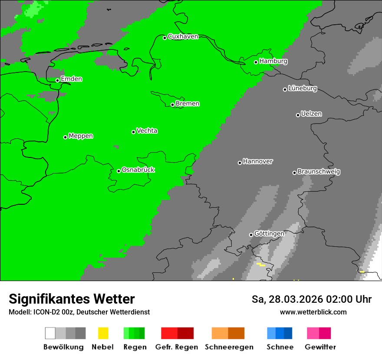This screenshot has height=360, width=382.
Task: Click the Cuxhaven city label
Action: [x=183, y=36]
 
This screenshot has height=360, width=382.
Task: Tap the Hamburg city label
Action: [x=273, y=61]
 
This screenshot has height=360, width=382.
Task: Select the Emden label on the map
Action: [x=71, y=79]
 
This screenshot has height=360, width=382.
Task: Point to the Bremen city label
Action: [x=188, y=104]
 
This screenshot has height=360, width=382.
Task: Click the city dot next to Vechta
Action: [x=133, y=132]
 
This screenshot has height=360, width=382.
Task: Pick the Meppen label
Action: [x=81, y=136]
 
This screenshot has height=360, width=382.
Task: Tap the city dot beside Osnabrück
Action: [x=119, y=171]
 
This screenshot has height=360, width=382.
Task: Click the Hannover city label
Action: [x=258, y=161]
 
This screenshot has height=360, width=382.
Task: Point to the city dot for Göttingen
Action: [x=251, y=235]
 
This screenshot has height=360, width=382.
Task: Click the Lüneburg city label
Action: [x=303, y=88]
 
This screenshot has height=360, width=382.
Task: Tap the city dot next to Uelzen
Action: [x=298, y=115]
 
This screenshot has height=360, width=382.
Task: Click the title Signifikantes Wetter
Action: [x=72, y=299]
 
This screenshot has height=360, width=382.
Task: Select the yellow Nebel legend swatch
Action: [x=103, y=333]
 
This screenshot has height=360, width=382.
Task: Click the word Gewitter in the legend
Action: [x=320, y=347]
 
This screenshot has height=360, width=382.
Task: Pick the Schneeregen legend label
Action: [x=229, y=347]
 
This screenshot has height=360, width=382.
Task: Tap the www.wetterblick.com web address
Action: [x=313, y=312]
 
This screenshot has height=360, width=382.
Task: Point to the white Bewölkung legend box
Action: [x=50, y=333]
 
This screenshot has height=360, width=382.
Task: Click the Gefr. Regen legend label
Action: [x=177, y=347]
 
